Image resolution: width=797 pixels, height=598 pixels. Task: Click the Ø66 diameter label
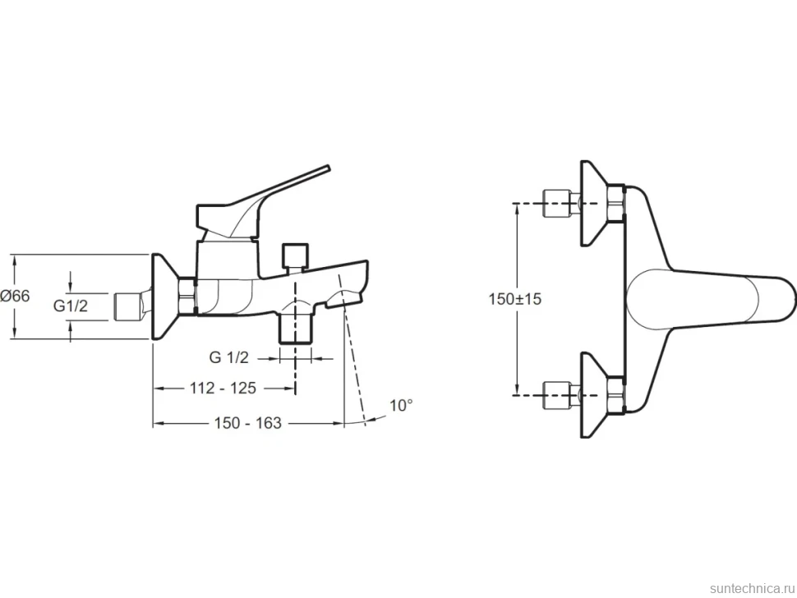click(x=16, y=296)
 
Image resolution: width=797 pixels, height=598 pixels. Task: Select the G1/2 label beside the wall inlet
click(x=71, y=306)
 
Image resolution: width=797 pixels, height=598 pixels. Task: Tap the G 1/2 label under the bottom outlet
click(x=228, y=357)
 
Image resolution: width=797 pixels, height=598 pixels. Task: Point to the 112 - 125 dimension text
click(x=223, y=389)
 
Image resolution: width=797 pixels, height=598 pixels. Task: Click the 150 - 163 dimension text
click(x=247, y=423)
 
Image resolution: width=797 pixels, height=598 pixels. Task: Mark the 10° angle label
click(x=401, y=406)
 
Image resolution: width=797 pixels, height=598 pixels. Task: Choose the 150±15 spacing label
click(x=515, y=299)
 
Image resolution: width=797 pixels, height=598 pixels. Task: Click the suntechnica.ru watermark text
click(x=752, y=588)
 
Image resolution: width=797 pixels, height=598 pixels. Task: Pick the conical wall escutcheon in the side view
click(x=165, y=297)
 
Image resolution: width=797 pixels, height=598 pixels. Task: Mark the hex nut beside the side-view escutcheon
click(x=187, y=297)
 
